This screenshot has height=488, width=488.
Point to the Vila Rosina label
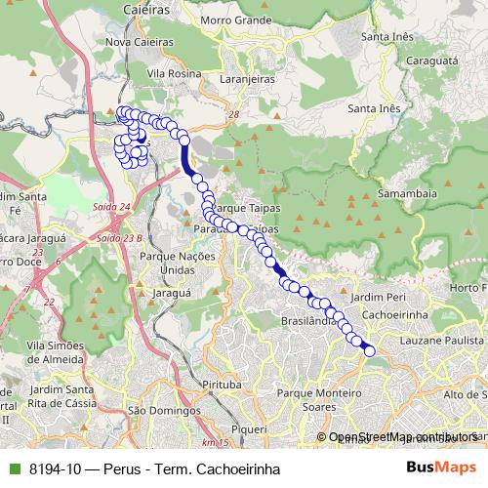(x=176, y=72)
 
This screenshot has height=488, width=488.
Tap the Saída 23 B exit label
(x=120, y=237)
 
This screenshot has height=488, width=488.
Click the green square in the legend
(x=12, y=468)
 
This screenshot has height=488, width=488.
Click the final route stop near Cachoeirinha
(x=369, y=350)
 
